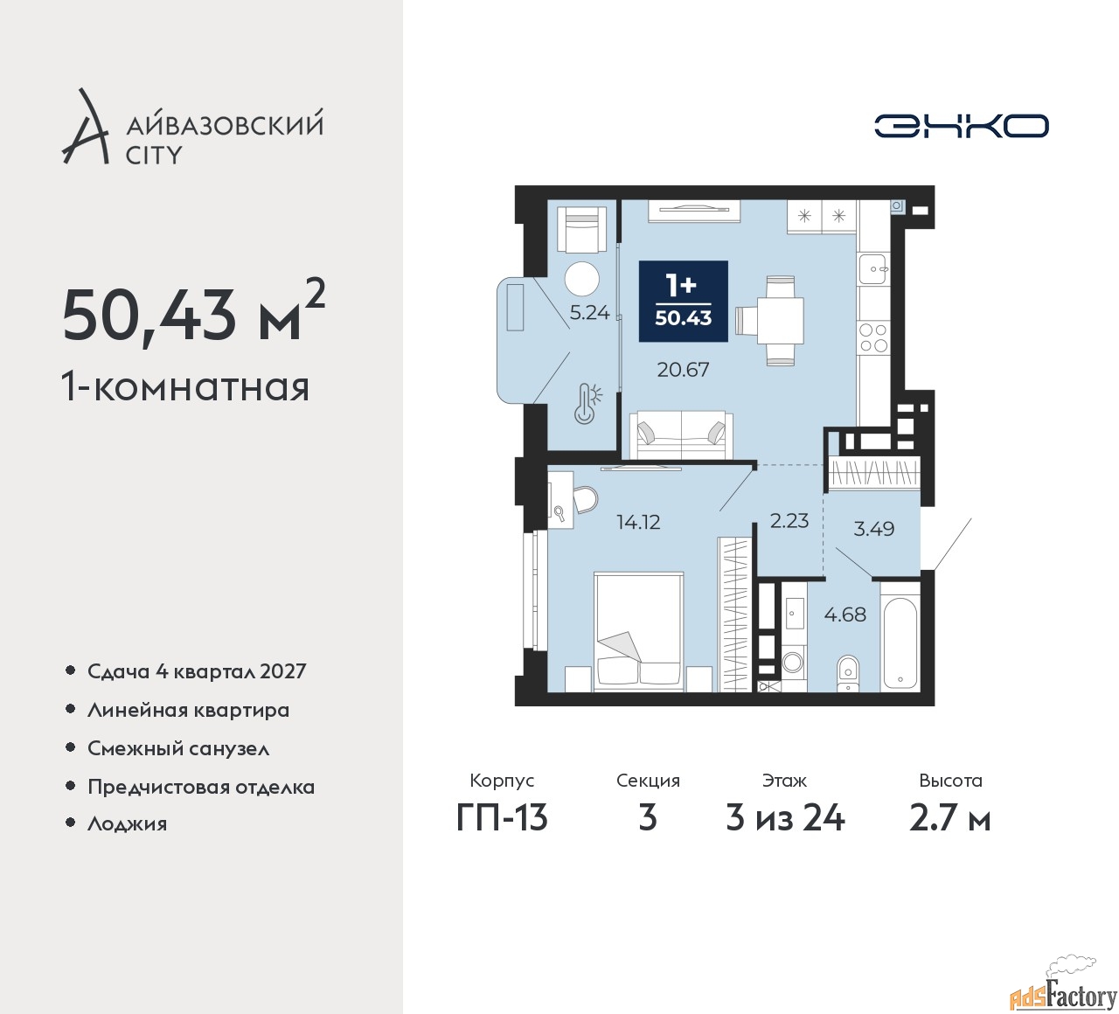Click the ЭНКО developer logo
(961, 126)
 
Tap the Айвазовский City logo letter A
(86, 129)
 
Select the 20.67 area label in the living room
(683, 370)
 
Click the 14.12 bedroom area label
(638, 523)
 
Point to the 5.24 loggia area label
(589, 313)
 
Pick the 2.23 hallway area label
(789, 521)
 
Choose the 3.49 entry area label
(873, 529)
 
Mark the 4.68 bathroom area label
(844, 615)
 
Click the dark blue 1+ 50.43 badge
(683, 301)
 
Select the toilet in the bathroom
(847, 672)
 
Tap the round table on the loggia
(581, 280)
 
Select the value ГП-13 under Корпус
(502, 818)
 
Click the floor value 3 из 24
(785, 818)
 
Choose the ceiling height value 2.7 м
(949, 818)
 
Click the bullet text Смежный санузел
(178, 749)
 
